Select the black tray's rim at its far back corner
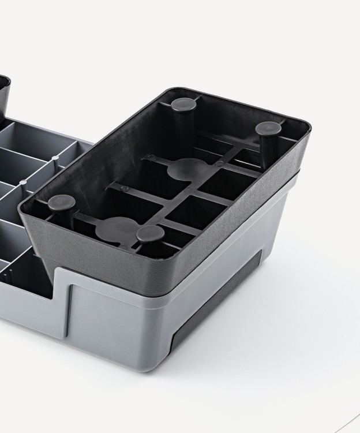167,91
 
